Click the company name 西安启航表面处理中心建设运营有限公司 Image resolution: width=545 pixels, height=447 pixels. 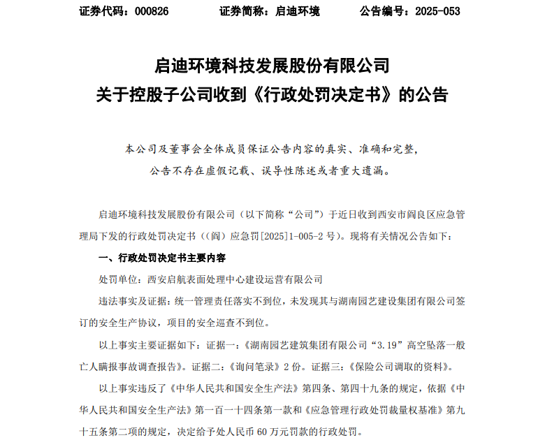point(235,279)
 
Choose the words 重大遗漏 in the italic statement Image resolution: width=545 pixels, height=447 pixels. point(365,170)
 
